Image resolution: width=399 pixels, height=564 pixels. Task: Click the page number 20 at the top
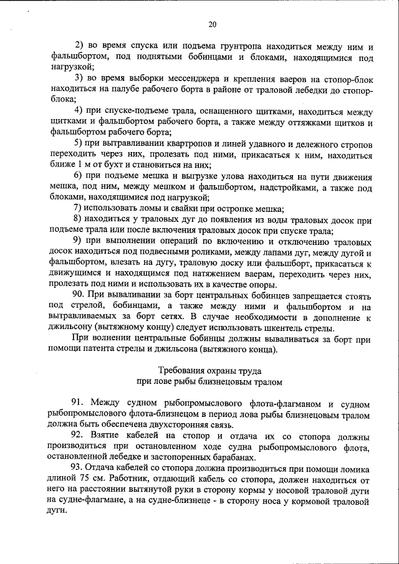pyautogui.click(x=212, y=24)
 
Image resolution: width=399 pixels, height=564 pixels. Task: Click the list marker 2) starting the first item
pyautogui.click(x=79, y=47)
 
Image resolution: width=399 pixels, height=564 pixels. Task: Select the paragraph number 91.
pyautogui.click(x=79, y=403)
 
